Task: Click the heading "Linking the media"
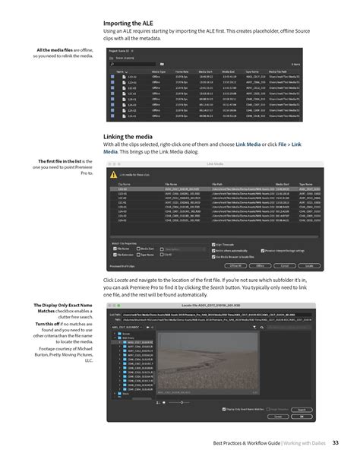click(131, 137)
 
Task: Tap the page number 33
click(335, 444)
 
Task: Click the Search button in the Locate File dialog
click(302, 409)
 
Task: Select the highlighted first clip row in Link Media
click(213, 189)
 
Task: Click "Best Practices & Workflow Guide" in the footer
click(242, 444)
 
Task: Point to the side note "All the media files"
click(62, 52)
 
